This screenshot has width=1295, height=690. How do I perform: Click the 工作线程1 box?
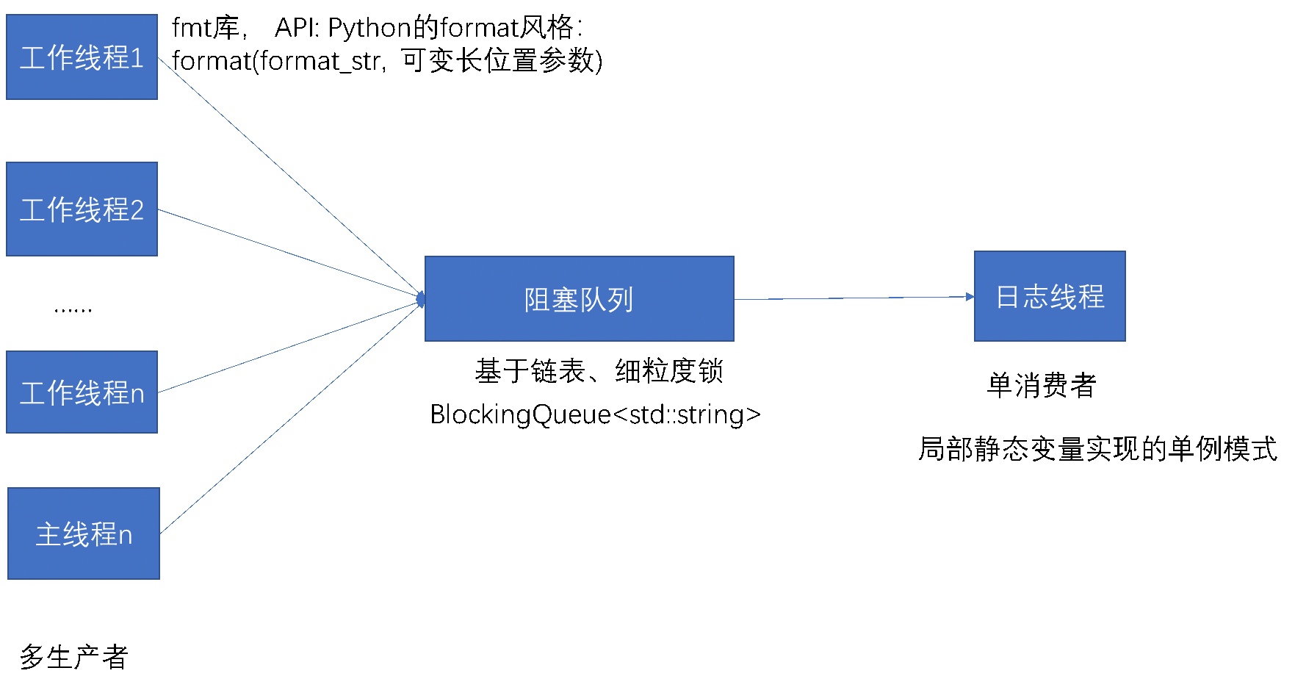point(82,57)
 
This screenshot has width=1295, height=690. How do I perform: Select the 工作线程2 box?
point(82,209)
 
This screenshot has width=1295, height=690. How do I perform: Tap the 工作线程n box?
point(82,392)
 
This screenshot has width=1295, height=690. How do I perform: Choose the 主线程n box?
point(83,533)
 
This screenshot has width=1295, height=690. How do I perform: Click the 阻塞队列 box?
point(579,298)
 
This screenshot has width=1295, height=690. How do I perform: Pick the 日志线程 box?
point(1049,296)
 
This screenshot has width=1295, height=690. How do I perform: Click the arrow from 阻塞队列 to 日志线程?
point(852,298)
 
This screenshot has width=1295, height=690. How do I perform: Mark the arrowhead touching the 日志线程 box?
point(970,297)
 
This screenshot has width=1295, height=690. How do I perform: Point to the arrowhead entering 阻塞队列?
point(421,299)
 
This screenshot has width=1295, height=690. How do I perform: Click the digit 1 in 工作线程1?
point(137,58)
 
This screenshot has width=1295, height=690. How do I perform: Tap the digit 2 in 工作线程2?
point(137,210)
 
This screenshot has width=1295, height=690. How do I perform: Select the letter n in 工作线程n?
point(137,395)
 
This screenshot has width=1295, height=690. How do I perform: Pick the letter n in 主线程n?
point(126,536)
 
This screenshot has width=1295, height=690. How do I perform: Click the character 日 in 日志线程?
point(1008,297)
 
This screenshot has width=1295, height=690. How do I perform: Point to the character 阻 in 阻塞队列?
point(538,300)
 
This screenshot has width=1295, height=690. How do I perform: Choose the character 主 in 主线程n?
point(48,534)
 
